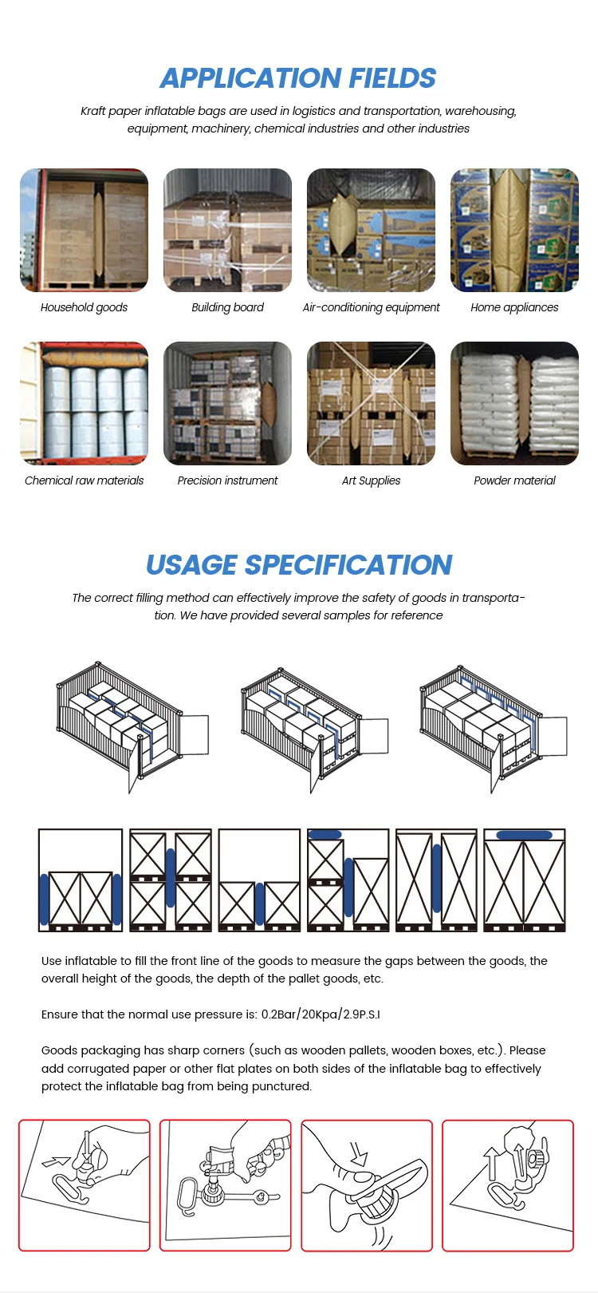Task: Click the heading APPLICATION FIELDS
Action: point(298,78)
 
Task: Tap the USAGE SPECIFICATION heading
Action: point(298,565)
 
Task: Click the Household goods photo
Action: point(84,230)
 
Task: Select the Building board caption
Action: point(227,307)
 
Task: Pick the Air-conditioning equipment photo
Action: point(371,230)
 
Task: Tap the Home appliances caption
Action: point(514,307)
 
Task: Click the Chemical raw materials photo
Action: point(84,403)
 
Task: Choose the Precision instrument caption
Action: point(227,480)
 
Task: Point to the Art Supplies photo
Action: point(371,403)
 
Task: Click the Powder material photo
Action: point(514,403)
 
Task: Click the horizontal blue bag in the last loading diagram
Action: point(524,835)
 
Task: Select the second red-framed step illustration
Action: point(226,1185)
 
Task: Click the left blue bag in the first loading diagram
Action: point(44,900)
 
